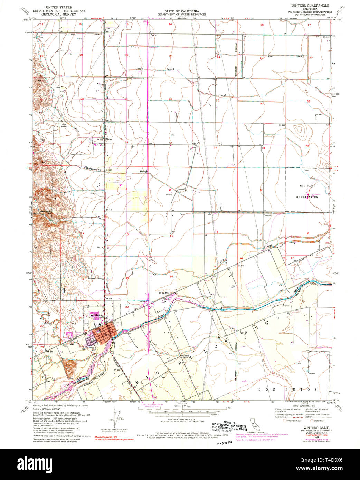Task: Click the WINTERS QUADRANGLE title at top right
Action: (x=312, y=6)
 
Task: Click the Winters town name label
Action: (x=96, y=315)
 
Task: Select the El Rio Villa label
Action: (x=165, y=294)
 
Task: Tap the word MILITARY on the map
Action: (x=307, y=186)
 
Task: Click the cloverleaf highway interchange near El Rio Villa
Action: (x=150, y=304)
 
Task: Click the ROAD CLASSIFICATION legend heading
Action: (x=302, y=406)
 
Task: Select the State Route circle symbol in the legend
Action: (x=312, y=421)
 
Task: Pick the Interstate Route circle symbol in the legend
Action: (x=285, y=421)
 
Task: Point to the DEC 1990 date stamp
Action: (x=229, y=442)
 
